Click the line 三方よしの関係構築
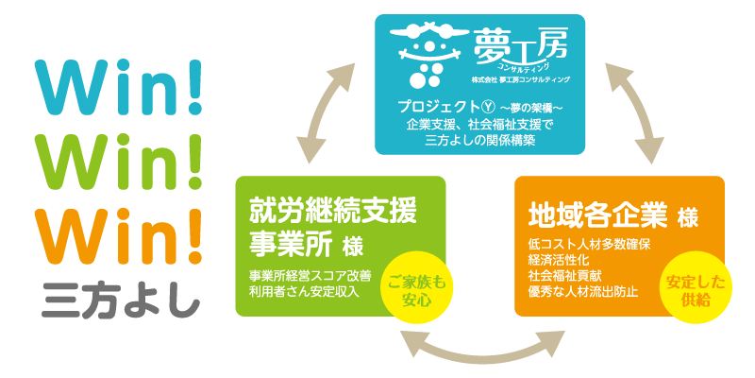click(480, 140)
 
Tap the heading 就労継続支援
click(331, 208)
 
